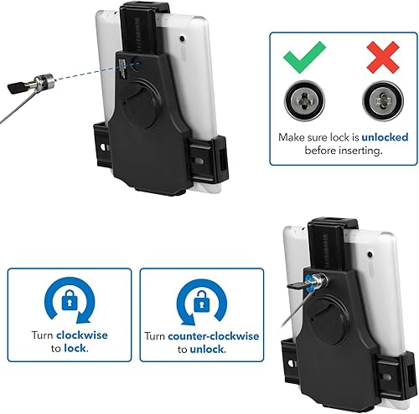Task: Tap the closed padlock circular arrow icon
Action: tap(69, 299)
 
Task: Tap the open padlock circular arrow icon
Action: tap(201, 299)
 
